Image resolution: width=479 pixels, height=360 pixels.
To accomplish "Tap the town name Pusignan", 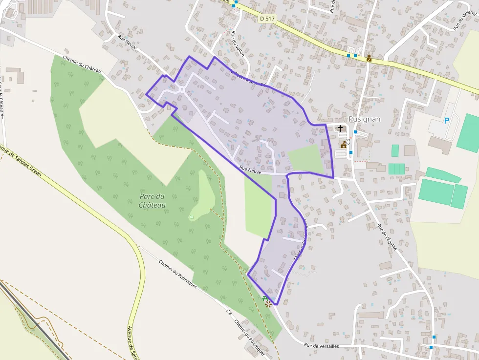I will point(365,119).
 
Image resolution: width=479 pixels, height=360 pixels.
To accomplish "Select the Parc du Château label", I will point(152,200).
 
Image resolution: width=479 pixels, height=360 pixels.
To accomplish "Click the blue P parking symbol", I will point(446,120).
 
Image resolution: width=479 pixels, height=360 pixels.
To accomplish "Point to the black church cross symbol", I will point(340,128).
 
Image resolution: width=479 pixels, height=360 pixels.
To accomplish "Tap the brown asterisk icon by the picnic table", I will point(268,304).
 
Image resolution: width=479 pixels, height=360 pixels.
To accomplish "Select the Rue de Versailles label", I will point(321,345).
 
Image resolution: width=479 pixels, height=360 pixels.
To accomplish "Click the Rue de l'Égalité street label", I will point(387,237).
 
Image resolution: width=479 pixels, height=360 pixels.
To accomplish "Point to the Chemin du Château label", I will point(82,64).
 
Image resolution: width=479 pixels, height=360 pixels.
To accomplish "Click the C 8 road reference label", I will point(229,312).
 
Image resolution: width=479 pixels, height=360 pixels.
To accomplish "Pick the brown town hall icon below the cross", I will point(344,145).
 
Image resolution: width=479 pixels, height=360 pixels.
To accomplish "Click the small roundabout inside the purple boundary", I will point(182,89).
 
